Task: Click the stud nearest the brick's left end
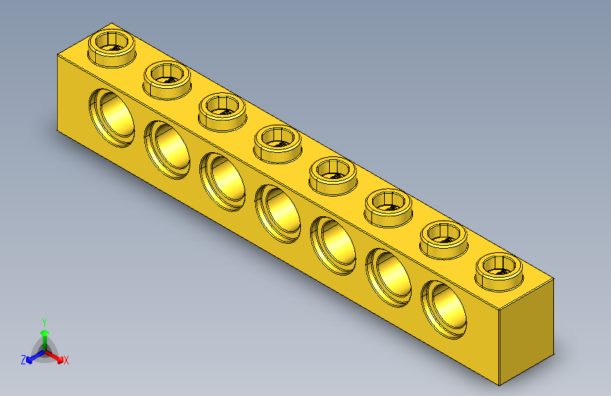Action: pos(111,47)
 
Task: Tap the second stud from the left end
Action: pos(166,78)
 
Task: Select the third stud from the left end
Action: pos(222,109)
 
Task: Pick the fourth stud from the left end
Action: pos(277,140)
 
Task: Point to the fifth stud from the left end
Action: pos(333,173)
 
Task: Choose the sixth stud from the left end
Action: pos(388,205)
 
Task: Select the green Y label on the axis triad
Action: pos(44,321)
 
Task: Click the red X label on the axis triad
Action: pos(66,361)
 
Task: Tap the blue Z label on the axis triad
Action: pos(23,360)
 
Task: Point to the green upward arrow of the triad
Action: pos(44,334)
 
